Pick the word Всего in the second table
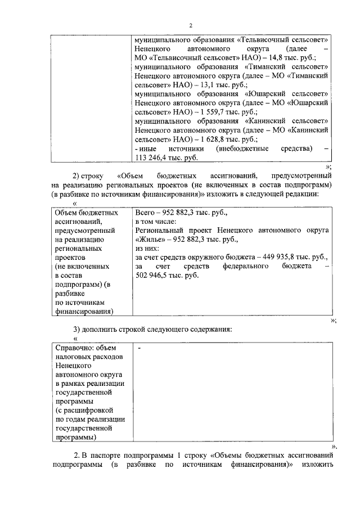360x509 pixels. pos(146,213)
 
